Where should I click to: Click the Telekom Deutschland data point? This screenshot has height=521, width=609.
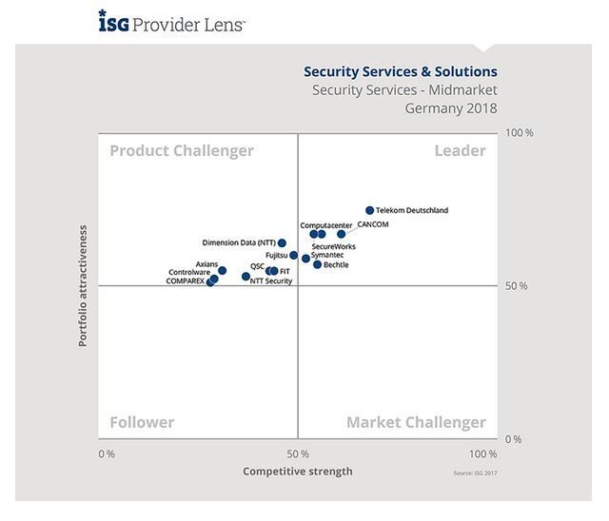coord(370,210)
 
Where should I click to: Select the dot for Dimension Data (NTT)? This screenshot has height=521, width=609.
coord(282,243)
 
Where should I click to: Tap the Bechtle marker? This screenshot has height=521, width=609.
coord(317,264)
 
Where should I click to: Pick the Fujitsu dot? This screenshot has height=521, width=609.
coord(293,255)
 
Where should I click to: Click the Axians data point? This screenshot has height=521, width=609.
coord(223,271)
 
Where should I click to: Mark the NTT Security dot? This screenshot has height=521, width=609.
coord(246,277)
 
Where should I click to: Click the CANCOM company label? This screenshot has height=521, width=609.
coord(372,224)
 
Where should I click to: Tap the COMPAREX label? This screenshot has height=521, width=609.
coord(185,281)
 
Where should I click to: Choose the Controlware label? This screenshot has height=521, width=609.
coord(188,273)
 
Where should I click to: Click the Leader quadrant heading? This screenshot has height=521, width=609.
coord(460,150)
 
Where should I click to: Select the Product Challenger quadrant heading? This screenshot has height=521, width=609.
coord(182,150)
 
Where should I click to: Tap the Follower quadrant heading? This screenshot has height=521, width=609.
coord(142,422)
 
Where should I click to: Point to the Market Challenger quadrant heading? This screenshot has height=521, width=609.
coord(416,422)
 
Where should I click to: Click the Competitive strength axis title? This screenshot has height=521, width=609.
coord(297,472)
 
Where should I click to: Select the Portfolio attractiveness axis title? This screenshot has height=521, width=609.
coord(83,285)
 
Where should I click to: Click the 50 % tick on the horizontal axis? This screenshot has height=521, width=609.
coord(297,453)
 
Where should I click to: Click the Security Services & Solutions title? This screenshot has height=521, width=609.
coord(400,70)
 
